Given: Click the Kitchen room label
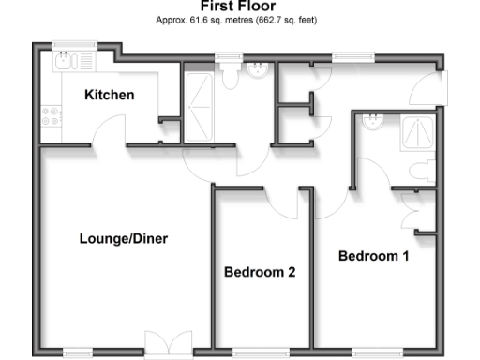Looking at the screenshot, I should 109,95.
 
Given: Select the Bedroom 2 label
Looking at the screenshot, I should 260,273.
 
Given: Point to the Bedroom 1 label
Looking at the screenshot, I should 374,255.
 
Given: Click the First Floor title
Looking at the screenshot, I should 239,7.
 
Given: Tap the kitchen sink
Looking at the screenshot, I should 65,62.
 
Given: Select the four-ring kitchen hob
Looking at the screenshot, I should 52,117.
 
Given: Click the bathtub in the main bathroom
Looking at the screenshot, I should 200,103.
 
